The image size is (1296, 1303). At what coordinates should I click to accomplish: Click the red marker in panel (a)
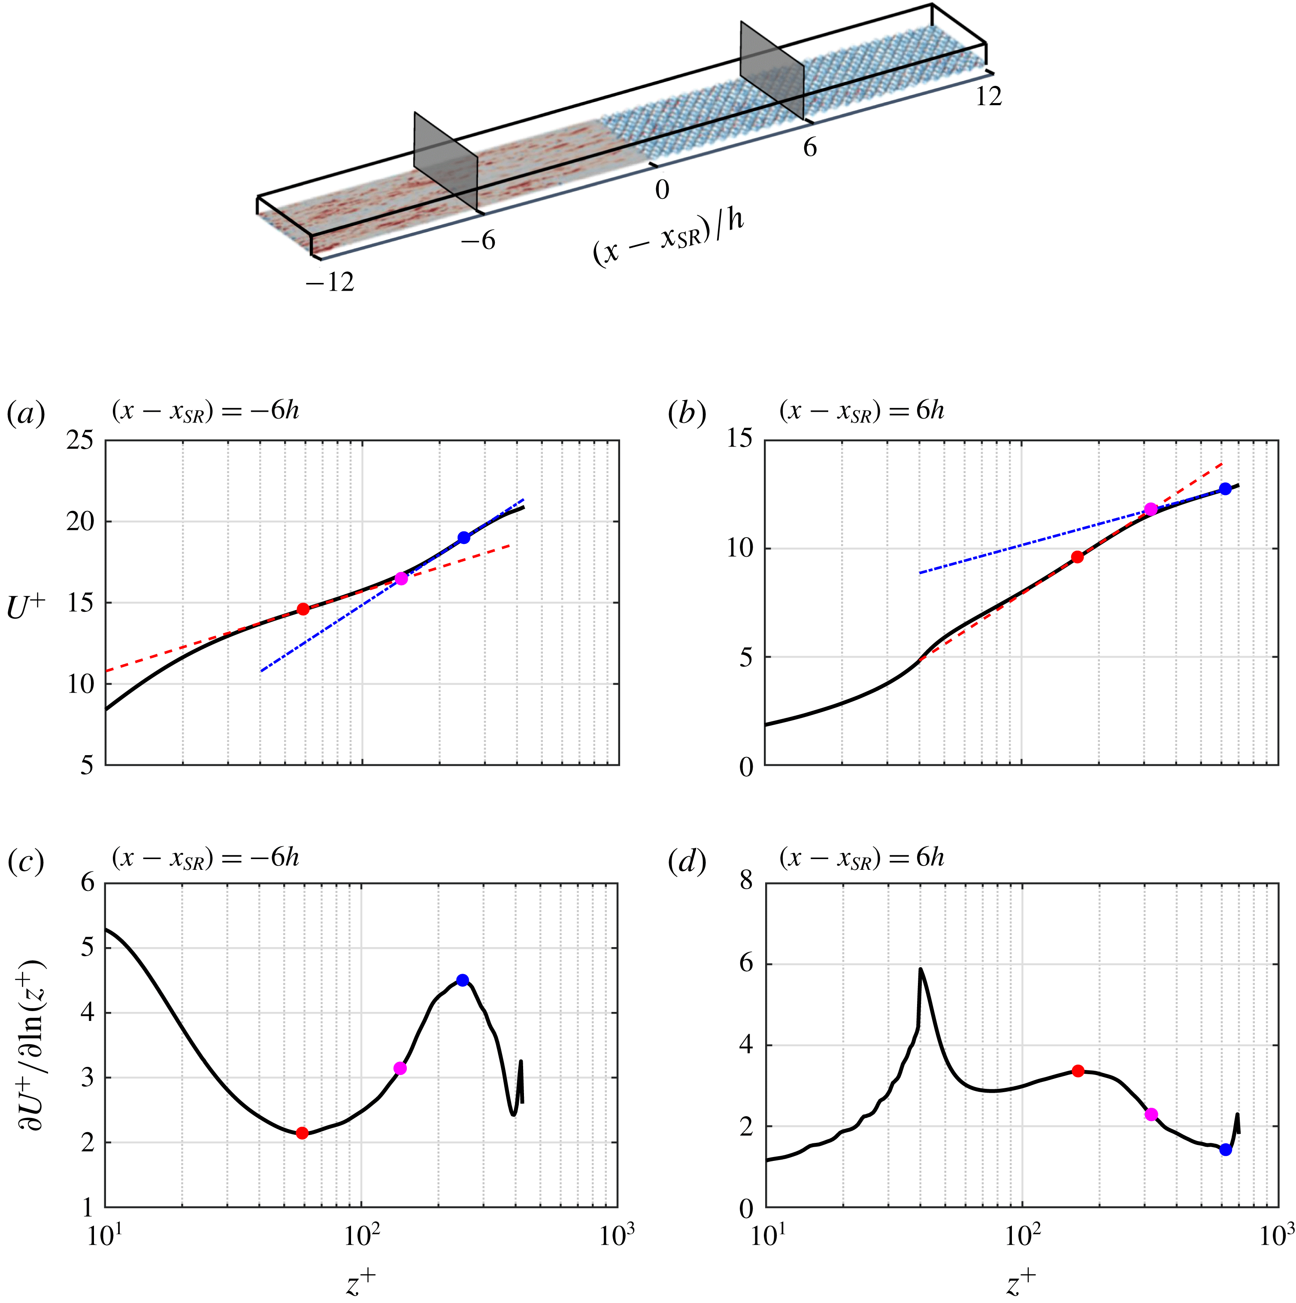[303, 609]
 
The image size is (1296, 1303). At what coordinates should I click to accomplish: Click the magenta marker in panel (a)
[401, 579]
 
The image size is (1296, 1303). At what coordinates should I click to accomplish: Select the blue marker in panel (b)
[1225, 489]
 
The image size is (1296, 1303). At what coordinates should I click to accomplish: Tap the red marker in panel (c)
[302, 1133]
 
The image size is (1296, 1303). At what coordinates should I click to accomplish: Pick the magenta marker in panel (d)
[1151, 1114]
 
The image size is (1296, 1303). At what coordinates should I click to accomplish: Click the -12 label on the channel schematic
[329, 282]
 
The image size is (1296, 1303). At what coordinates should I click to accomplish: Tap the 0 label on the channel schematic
[662, 190]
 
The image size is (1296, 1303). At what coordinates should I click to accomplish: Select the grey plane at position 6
[772, 71]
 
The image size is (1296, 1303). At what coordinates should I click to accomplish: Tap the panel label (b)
[687, 413]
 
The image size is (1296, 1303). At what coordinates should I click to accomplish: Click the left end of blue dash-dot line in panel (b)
[920, 573]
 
